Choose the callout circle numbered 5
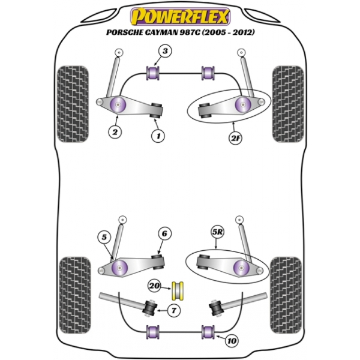[105, 238]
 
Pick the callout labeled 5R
[215, 230]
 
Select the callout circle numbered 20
[155, 286]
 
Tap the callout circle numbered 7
[173, 310]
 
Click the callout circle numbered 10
[231, 341]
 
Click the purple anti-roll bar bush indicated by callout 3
[152, 74]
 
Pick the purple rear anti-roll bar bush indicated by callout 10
[209, 331]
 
